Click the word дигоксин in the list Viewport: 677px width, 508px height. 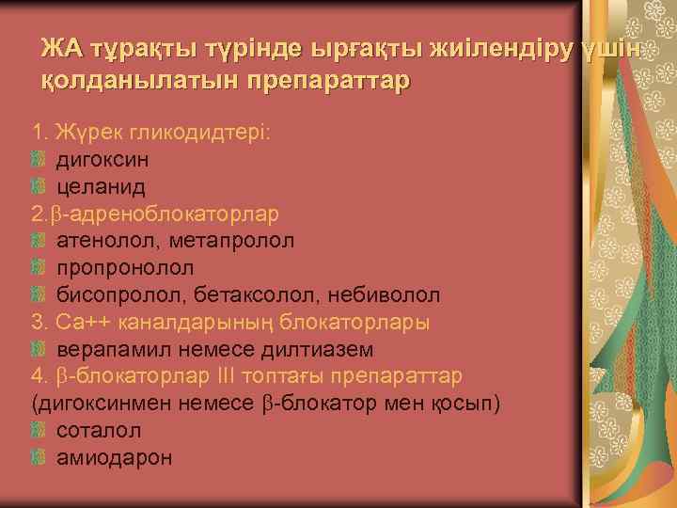[102, 159]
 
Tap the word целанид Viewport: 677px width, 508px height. [97, 186]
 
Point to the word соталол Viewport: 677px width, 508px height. [99, 431]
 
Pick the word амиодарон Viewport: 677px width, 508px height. [114, 458]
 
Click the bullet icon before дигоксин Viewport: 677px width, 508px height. [38, 159]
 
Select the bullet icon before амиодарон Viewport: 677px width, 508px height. [38, 458]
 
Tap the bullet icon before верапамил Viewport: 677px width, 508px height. [38, 350]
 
